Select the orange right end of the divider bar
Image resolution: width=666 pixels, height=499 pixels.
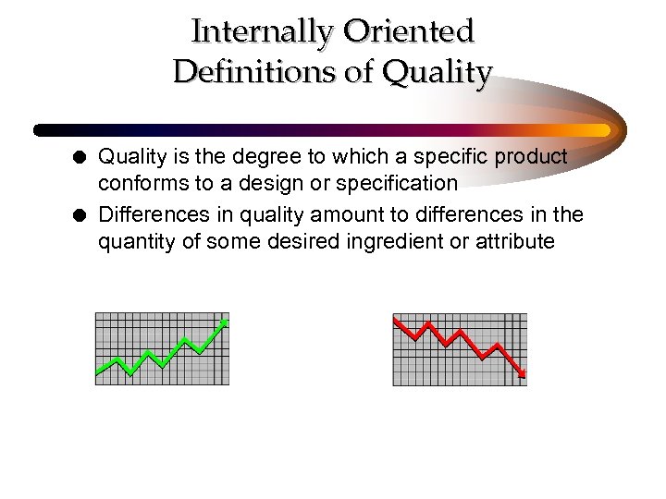[601, 130]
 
